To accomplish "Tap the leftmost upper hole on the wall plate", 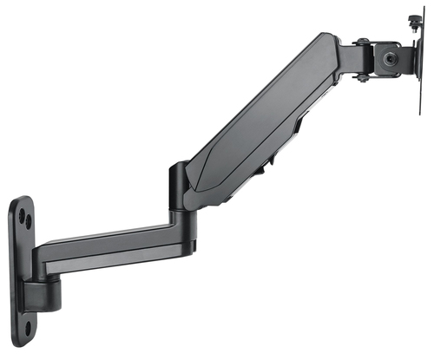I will [x=20, y=212].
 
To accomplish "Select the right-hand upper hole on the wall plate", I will [x=29, y=222].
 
